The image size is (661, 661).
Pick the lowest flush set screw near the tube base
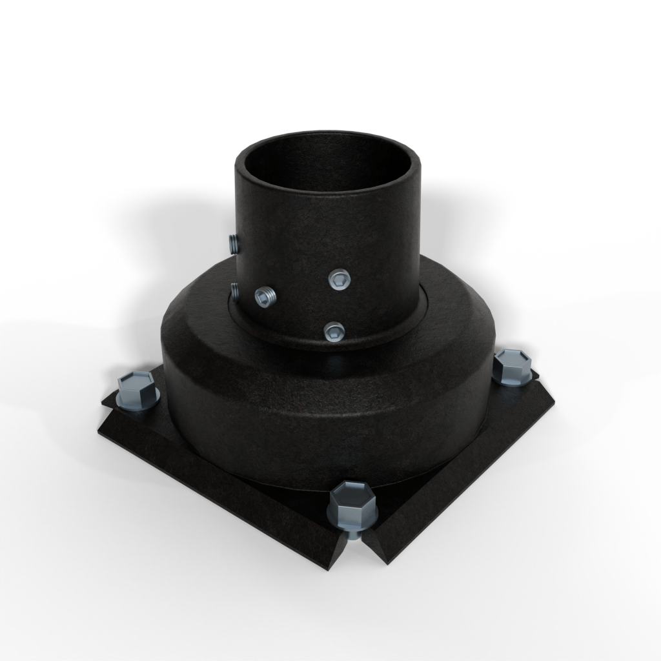click(x=334, y=332)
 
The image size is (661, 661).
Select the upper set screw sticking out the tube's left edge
click(x=233, y=243)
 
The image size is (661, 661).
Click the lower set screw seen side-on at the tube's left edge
click(x=235, y=291)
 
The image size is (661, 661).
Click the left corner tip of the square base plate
click(x=103, y=403)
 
